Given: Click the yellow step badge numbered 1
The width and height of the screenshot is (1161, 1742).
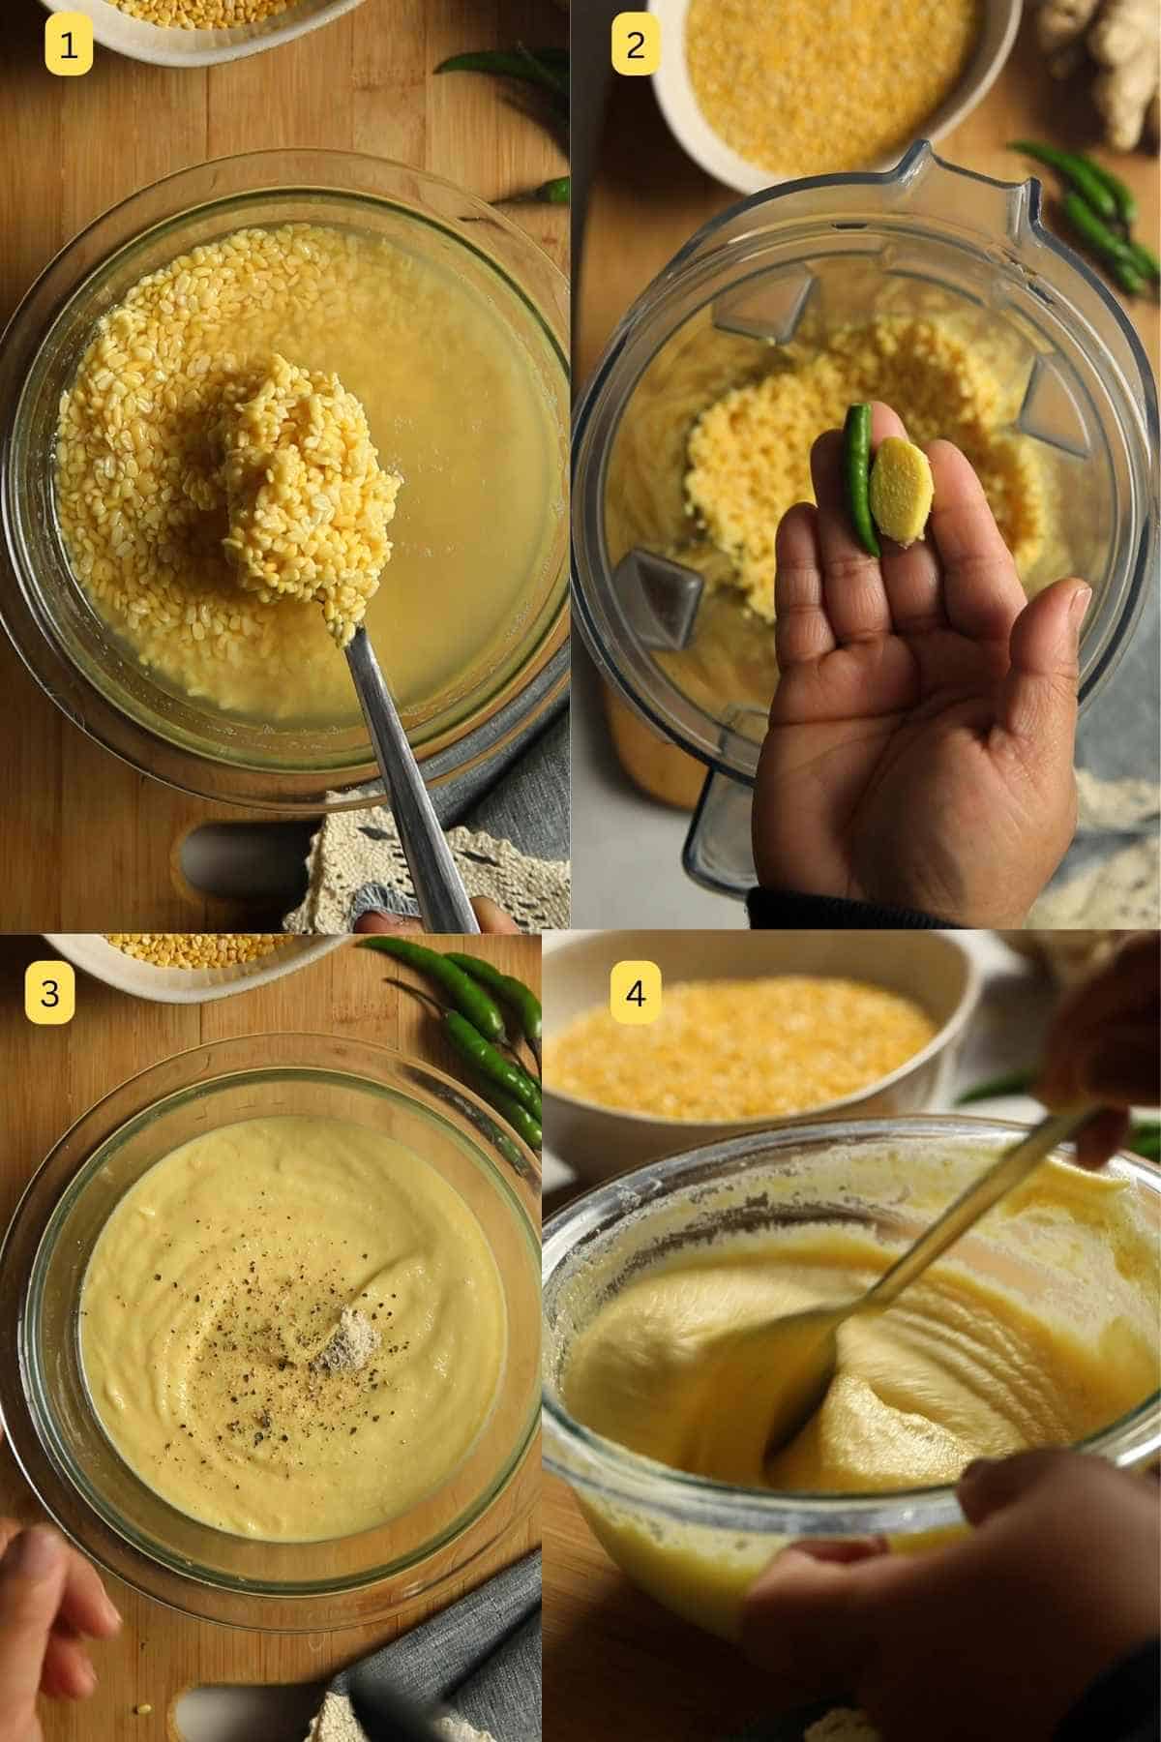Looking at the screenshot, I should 69,45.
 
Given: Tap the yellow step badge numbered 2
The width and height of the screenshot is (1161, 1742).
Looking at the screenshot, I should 635,45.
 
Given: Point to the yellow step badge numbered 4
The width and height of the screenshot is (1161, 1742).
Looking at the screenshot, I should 635,993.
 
